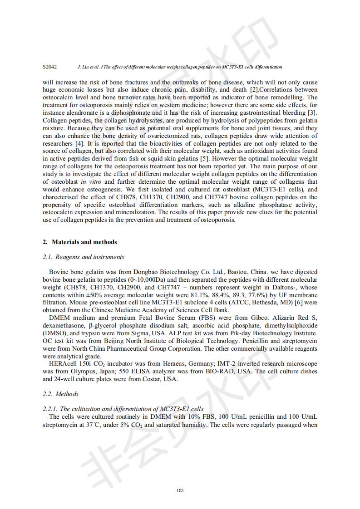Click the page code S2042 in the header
click(x=49, y=67)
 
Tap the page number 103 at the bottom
click(x=180, y=490)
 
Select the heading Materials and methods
click(x=84, y=242)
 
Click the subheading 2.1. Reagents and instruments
click(x=83, y=257)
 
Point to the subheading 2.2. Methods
click(x=60, y=394)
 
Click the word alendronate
click(x=79, y=113)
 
